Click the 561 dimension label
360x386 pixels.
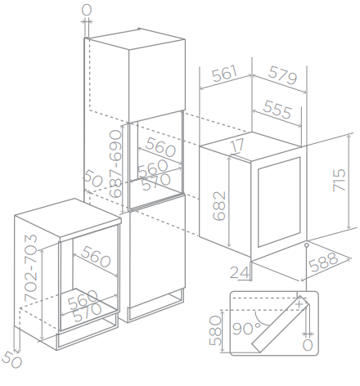pos(225,73)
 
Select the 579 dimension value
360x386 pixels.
pos(282,74)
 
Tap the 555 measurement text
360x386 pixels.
pos(277,110)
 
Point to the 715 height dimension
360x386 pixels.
pos(339,181)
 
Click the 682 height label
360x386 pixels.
pos(219,206)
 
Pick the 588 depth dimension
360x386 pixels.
pos(324,262)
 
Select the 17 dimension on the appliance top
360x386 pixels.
pos(238,146)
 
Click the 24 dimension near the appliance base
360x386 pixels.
pos(240,272)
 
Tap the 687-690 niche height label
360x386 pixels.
pos(115,164)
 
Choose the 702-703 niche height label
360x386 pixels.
pos(30,267)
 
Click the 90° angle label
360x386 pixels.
pos(247,329)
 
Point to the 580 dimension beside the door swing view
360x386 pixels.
pos(215,330)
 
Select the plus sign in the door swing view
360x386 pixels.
pos(299,303)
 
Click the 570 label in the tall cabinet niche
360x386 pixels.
pos(156,182)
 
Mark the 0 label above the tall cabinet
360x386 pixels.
pos(87,10)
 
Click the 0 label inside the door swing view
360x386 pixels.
pos(308,345)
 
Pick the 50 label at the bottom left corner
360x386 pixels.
pos(12,359)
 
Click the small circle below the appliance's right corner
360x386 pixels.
pos(307,245)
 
